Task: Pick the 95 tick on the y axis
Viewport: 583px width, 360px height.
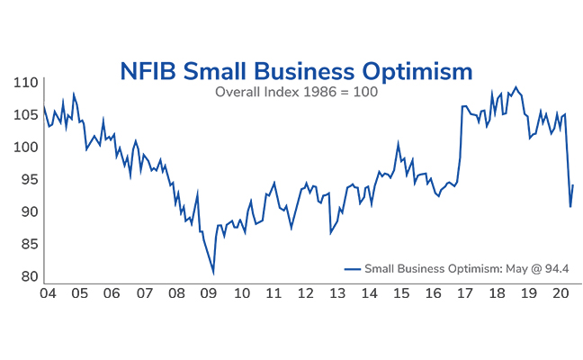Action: (x=28, y=179)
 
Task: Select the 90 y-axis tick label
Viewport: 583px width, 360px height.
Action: (x=28, y=211)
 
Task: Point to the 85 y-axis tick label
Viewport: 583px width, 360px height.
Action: (x=28, y=244)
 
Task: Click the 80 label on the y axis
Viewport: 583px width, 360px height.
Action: (x=28, y=276)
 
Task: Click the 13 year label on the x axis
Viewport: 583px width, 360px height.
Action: (x=337, y=293)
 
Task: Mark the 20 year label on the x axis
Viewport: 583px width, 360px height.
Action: (x=560, y=293)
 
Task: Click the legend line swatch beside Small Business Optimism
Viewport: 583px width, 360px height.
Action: (x=352, y=268)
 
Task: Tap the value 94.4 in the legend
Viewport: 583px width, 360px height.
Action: (x=557, y=268)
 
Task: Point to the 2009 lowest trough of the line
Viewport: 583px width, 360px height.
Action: (x=213, y=273)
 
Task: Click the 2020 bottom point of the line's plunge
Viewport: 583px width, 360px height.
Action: (x=570, y=206)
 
